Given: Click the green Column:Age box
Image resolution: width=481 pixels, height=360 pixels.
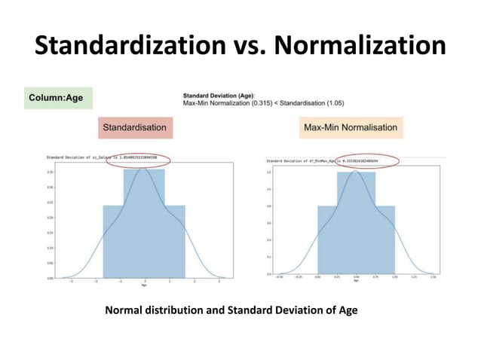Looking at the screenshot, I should click(58, 97).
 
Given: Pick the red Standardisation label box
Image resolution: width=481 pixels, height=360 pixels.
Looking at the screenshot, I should click(134, 127).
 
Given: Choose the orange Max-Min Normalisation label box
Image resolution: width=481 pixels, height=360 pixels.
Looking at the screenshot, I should click(350, 127).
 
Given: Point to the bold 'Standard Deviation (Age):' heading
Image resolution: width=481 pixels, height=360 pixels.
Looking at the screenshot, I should click(218, 96).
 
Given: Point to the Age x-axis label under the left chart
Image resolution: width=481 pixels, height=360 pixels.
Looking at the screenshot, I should click(143, 285).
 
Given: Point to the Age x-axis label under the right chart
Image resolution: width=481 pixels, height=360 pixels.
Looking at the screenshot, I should click(356, 282).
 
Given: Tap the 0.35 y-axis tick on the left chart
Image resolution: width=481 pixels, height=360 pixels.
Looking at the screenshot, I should click(50, 172).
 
